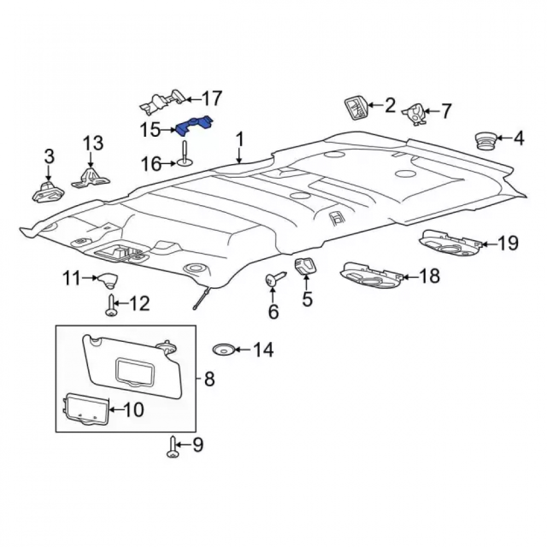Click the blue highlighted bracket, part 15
(194, 126)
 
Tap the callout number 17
(212, 98)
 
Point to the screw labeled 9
(172, 446)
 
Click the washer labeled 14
(223, 349)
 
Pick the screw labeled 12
(110, 305)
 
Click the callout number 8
(209, 379)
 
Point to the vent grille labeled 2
(356, 108)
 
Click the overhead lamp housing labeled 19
(451, 242)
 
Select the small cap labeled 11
(108, 280)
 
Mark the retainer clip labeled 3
(48, 191)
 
